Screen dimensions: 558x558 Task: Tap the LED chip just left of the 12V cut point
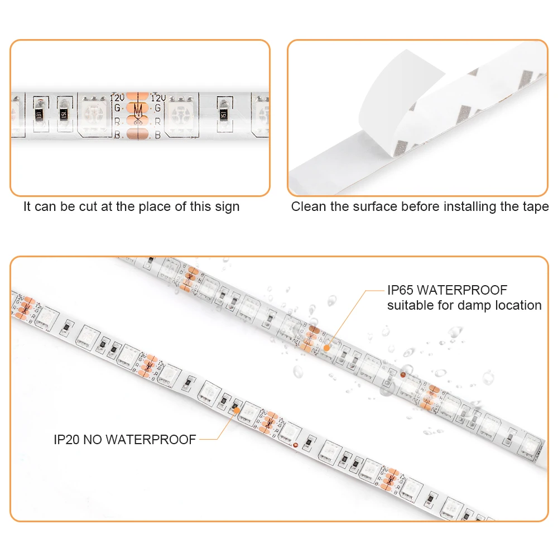pyautogui.click(x=94, y=114)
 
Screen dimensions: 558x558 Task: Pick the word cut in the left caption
pyautogui.click(x=86, y=207)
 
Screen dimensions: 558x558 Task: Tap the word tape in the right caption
pyautogui.click(x=536, y=207)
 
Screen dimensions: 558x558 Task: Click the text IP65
pyautogui.click(x=401, y=290)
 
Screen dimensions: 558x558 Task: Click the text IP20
pyautogui.click(x=66, y=440)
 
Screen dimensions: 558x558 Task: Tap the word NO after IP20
pyautogui.click(x=94, y=440)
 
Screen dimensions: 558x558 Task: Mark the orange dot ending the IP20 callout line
pyautogui.click(x=236, y=410)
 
